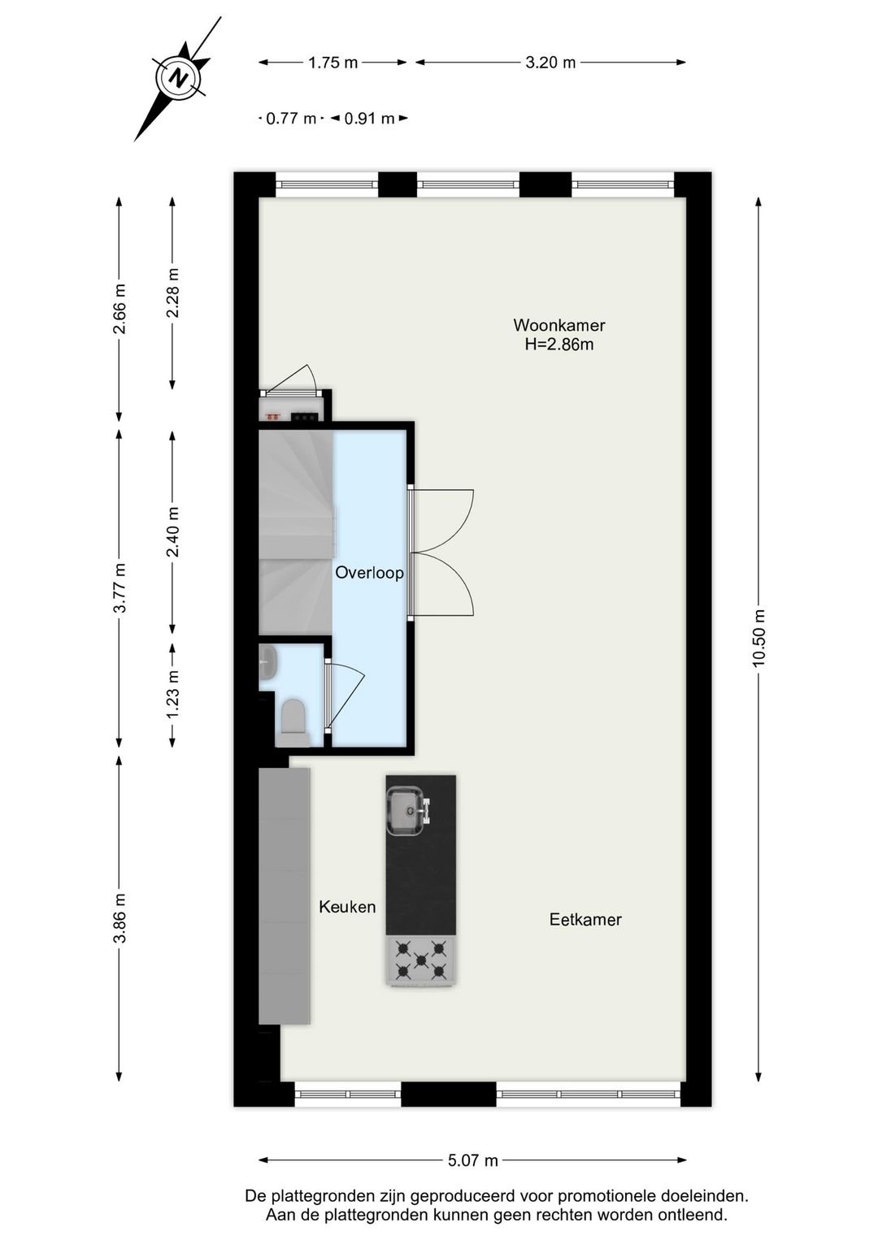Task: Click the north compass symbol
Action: [178, 79]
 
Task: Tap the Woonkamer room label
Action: [559, 325]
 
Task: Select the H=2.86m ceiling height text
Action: [559, 345]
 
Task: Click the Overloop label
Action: [369, 573]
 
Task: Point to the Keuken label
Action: [347, 907]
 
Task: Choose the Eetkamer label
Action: [585, 920]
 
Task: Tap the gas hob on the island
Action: [421, 960]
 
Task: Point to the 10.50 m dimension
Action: [758, 638]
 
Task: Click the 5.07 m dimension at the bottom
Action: [472, 1160]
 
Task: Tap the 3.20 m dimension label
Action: [550, 63]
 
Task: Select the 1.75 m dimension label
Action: [333, 63]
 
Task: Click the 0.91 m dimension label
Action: [369, 119]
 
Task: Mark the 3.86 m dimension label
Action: [120, 918]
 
